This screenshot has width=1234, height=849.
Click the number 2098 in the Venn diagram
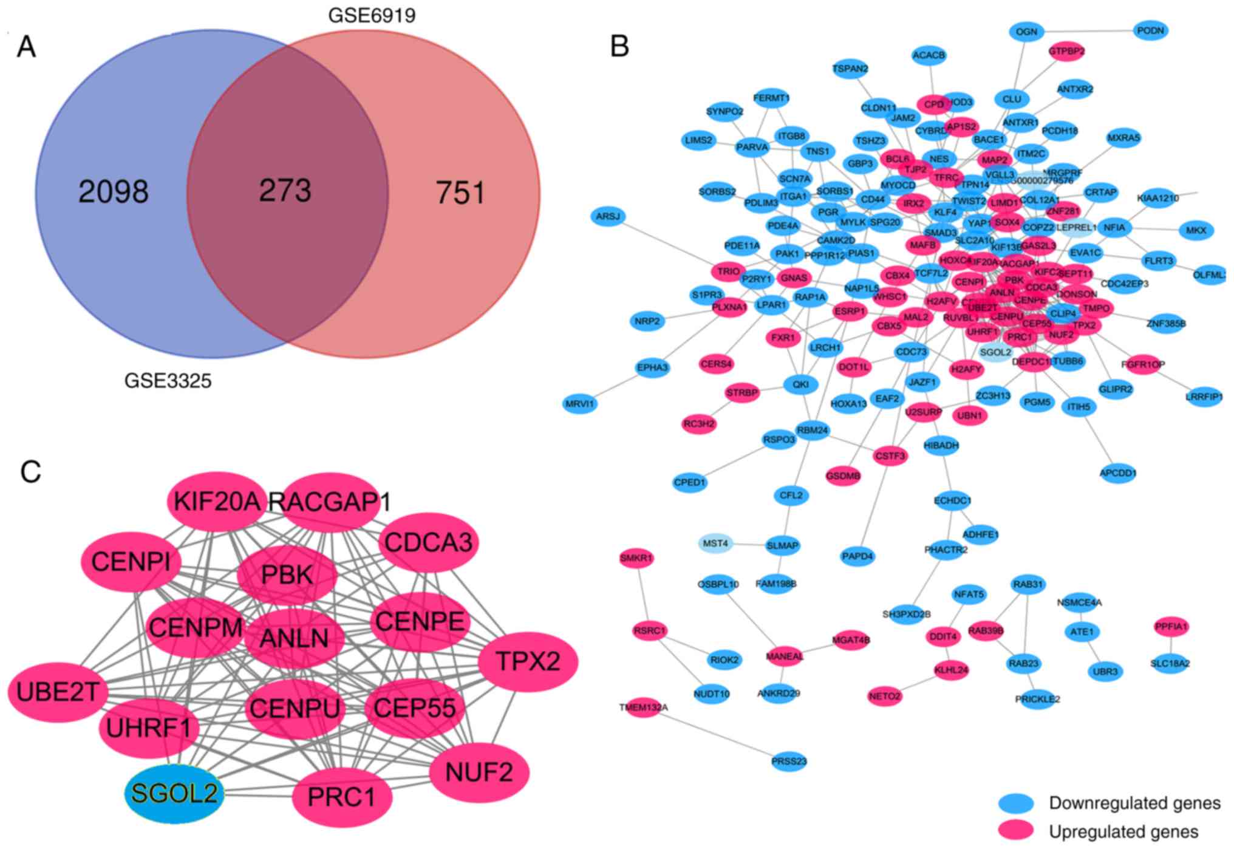[114, 192]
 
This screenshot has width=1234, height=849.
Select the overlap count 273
[285, 190]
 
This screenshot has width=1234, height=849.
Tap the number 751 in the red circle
[460, 193]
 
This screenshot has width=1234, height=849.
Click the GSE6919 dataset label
[372, 15]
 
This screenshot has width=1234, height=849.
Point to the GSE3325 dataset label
[168, 381]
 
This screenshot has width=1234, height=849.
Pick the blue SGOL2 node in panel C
[174, 794]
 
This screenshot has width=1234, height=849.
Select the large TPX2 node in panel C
[528, 661]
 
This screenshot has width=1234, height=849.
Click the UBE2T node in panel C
[58, 692]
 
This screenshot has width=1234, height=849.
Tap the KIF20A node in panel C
[217, 502]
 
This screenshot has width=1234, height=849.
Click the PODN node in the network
[1150, 31]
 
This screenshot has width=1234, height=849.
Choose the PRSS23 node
[789, 761]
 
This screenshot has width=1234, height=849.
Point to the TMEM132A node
[643, 707]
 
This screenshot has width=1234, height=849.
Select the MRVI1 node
[580, 403]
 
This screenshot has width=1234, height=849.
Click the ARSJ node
[607, 217]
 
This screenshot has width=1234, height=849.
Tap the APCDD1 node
[1118, 473]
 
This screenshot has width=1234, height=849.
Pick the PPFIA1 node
[1171, 626]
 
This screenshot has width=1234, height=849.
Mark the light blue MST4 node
[715, 544]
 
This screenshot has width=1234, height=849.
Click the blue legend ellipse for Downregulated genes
[1016, 803]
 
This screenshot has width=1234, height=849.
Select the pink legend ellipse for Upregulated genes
[1016, 831]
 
